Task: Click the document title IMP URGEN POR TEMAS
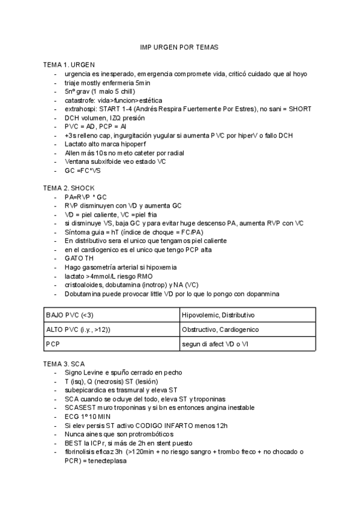point(179,46)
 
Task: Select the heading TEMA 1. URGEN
point(68,64)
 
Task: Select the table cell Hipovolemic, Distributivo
point(218,315)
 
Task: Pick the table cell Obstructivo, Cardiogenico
point(221,330)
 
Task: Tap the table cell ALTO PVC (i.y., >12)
point(78,330)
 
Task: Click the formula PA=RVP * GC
point(86,196)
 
